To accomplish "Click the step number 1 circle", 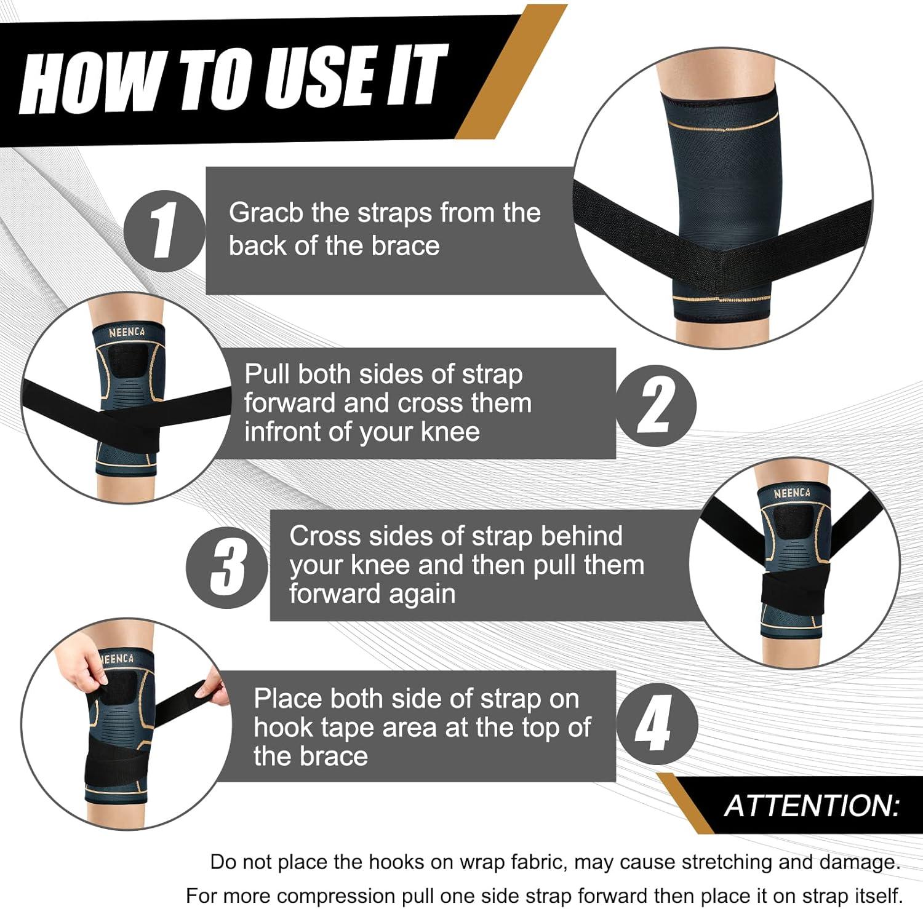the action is [x=164, y=231].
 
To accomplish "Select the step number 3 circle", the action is [x=227, y=567].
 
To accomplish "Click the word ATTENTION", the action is [x=812, y=806].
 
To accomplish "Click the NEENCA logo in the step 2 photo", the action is [x=127, y=333].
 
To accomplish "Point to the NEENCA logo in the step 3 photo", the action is [x=792, y=493].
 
